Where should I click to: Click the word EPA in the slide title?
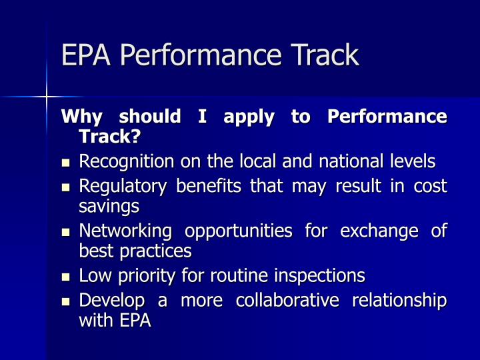point(81,55)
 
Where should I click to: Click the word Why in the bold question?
point(81,117)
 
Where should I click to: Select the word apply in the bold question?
point(249,117)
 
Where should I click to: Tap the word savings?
point(109,205)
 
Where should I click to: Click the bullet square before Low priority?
point(66,276)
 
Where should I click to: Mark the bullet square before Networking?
point(66,232)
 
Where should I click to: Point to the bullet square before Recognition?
point(66,163)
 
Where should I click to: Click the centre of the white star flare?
point(47,97)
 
